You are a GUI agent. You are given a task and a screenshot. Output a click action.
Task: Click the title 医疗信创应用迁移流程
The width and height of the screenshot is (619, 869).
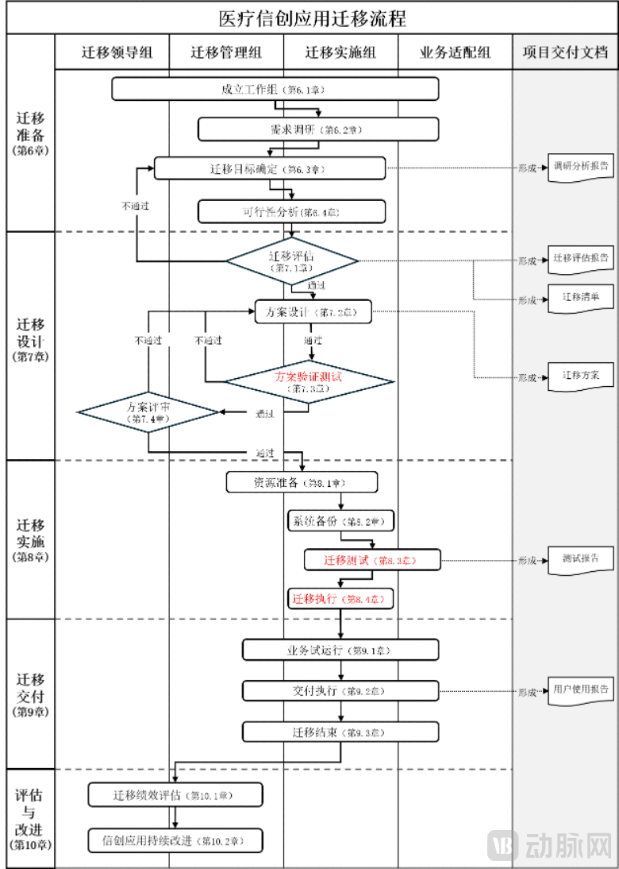pyautogui.click(x=312, y=18)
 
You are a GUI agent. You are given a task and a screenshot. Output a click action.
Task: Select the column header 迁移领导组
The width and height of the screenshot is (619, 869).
pyautogui.click(x=112, y=52)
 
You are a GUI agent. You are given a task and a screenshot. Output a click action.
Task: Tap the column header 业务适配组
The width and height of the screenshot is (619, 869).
pyautogui.click(x=455, y=52)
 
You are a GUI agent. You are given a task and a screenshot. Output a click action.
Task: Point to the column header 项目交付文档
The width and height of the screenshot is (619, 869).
pyautogui.click(x=565, y=52)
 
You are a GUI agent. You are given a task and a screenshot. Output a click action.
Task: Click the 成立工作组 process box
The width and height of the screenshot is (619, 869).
pyautogui.click(x=275, y=89)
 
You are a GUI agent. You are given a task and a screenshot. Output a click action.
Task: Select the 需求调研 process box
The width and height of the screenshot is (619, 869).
pyautogui.click(x=317, y=129)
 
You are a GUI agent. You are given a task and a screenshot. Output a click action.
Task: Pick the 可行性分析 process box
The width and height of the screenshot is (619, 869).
pyautogui.click(x=291, y=211)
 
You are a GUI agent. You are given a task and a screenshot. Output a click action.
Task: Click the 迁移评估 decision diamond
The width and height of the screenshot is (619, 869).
pyautogui.click(x=292, y=261)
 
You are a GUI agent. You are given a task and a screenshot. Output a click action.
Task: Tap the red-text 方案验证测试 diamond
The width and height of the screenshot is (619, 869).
pyautogui.click(x=309, y=382)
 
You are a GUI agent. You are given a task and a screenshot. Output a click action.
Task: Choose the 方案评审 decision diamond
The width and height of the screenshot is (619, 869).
pyautogui.click(x=148, y=411)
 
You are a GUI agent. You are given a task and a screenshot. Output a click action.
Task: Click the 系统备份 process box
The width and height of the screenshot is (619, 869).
pyautogui.click(x=340, y=521)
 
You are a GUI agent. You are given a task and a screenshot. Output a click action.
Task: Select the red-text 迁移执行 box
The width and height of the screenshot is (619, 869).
pyautogui.click(x=340, y=598)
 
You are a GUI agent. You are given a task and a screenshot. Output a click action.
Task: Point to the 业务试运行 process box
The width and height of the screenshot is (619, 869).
pyautogui.click(x=340, y=650)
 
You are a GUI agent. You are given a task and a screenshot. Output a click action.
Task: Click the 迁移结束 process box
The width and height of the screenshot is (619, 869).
pyautogui.click(x=340, y=732)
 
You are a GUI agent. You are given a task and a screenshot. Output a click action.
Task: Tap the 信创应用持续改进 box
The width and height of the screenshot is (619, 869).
pyautogui.click(x=175, y=840)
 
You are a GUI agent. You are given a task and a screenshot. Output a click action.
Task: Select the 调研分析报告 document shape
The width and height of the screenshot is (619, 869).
pyautogui.click(x=580, y=168)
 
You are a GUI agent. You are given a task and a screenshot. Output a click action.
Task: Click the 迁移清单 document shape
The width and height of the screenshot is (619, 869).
pyautogui.click(x=580, y=298)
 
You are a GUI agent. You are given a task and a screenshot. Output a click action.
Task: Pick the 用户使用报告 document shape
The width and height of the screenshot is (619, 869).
pyautogui.click(x=580, y=689)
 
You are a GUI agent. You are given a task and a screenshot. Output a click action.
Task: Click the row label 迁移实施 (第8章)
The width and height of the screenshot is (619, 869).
pyautogui.click(x=30, y=540)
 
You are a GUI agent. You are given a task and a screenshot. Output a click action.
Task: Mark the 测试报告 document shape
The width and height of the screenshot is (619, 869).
pyautogui.click(x=580, y=559)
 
